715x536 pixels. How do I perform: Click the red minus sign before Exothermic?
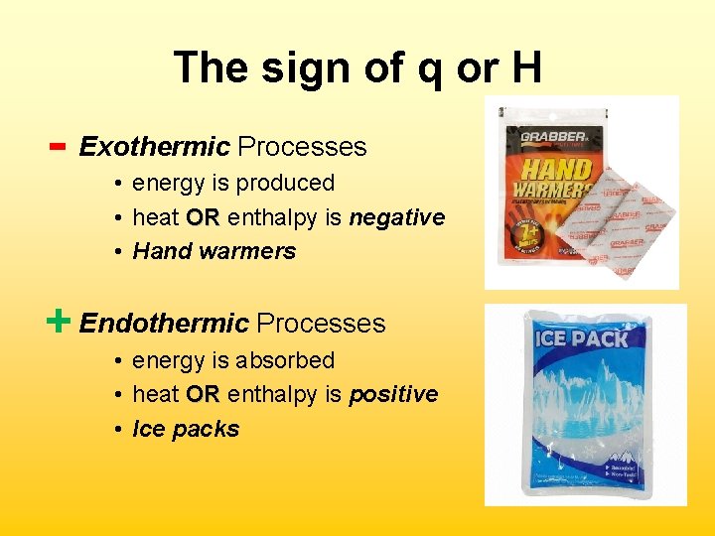(57, 147)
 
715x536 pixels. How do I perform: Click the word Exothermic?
(154, 147)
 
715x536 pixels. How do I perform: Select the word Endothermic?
(164, 324)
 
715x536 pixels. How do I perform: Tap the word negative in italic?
(396, 217)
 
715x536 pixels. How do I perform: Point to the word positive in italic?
(393, 394)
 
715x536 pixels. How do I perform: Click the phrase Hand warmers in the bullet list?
(214, 251)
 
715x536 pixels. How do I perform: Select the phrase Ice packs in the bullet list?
(186, 429)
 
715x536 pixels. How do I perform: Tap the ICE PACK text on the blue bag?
(582, 338)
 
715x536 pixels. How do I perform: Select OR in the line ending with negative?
(203, 217)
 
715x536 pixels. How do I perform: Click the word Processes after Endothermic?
(321, 324)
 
